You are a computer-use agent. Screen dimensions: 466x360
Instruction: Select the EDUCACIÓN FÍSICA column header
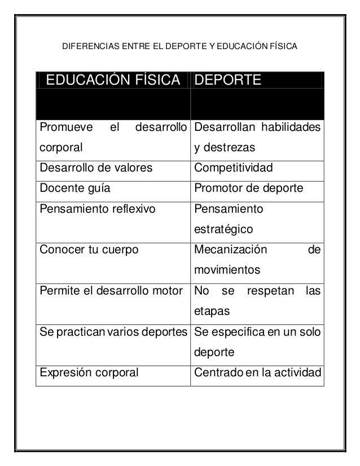point(113,81)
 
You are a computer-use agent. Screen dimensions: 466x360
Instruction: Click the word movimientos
point(227,270)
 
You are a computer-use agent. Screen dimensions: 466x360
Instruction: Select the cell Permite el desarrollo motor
point(111,291)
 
